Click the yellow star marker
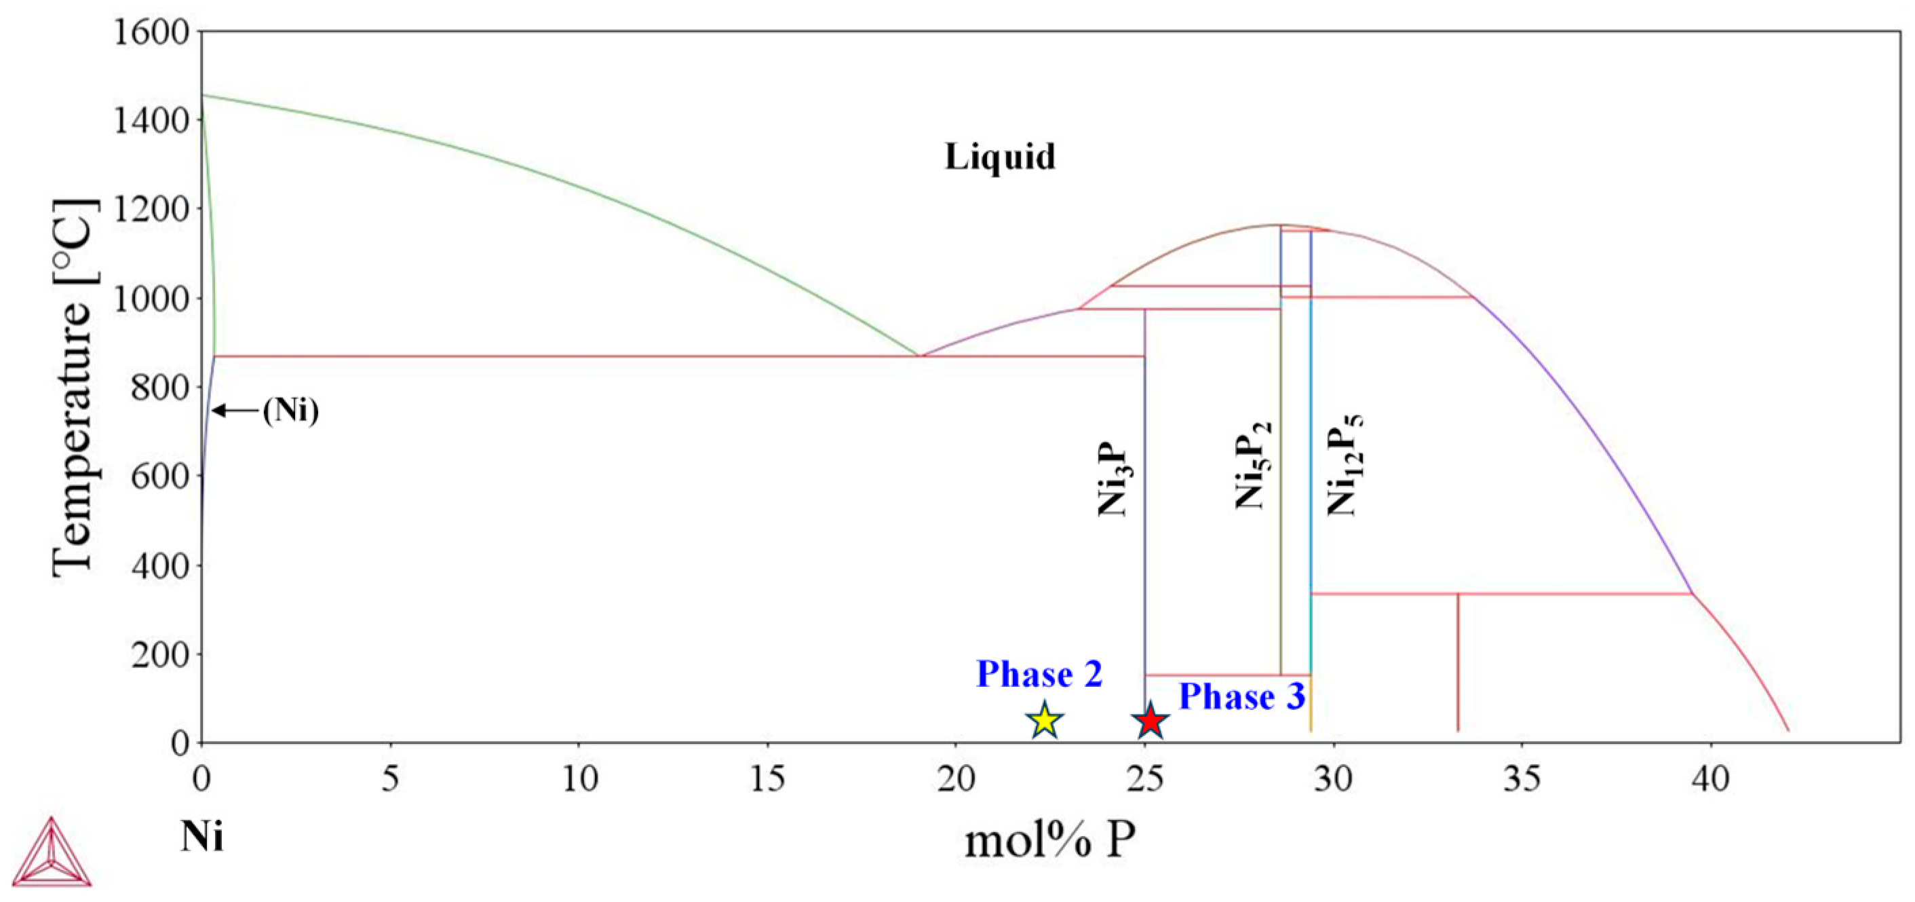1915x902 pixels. (x=1044, y=720)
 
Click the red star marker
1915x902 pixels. (x=1150, y=720)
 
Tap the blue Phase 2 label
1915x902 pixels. (x=1039, y=675)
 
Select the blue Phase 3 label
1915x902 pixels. (x=1241, y=697)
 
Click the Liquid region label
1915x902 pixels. (x=1000, y=157)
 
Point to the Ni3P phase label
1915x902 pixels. (x=1114, y=481)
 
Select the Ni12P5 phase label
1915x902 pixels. (x=1345, y=465)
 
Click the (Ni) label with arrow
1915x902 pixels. (x=290, y=411)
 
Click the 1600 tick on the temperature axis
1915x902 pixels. (x=151, y=32)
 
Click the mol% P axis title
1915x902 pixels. (x=1049, y=842)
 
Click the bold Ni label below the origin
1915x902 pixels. (x=201, y=838)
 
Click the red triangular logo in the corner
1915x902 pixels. (x=52, y=854)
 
